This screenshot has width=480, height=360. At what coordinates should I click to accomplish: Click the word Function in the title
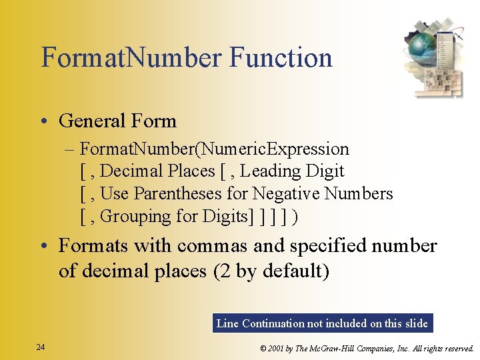click(x=281, y=58)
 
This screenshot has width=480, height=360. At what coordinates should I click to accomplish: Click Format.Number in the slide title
click(x=131, y=58)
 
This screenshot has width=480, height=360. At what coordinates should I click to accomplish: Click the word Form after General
click(x=154, y=121)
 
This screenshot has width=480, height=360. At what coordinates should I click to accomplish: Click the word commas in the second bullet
click(x=215, y=246)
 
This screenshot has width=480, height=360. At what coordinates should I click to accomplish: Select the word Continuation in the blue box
click(x=272, y=323)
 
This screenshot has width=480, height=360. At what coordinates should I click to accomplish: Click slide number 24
click(x=41, y=347)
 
